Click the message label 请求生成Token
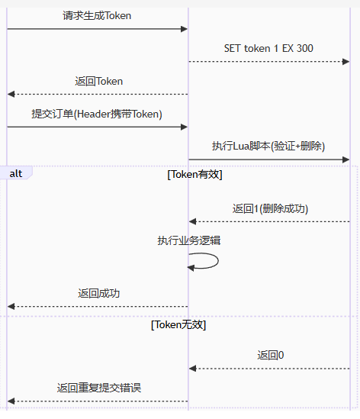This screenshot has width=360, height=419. [x=97, y=15]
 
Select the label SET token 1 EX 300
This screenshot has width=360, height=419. [x=268, y=48]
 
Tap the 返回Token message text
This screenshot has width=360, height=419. [x=99, y=81]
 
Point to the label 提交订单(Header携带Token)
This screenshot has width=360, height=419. [x=97, y=114]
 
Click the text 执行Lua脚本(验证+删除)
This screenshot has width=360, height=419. [x=268, y=147]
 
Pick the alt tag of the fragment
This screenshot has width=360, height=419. [x=16, y=174]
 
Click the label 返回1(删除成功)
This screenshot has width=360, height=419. [x=270, y=208]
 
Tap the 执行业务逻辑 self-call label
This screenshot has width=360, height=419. [x=189, y=240]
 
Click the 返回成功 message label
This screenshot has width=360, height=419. [x=99, y=293]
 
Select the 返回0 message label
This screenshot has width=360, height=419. [x=271, y=355]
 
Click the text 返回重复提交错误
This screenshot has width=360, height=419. [x=99, y=388]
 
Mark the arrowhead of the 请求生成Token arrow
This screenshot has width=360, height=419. [x=184, y=29]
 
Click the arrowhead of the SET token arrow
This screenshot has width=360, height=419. [x=346, y=61]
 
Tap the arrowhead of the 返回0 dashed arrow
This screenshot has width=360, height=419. [x=193, y=369]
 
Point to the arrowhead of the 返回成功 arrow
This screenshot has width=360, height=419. [x=11, y=307]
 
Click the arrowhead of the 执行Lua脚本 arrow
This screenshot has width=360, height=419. [x=346, y=160]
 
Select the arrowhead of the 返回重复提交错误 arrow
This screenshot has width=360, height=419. [x=11, y=401]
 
